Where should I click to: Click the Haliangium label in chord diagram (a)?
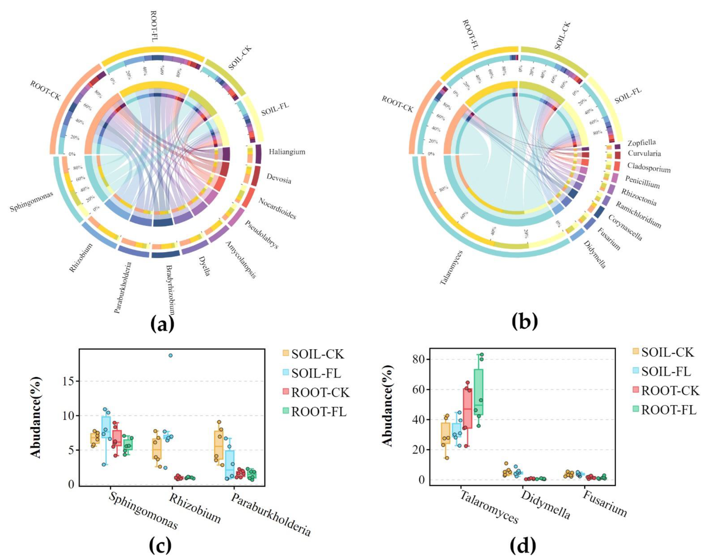(x=287, y=152)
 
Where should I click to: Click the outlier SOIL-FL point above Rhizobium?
(x=170, y=355)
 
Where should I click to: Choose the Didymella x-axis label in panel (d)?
(x=545, y=509)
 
